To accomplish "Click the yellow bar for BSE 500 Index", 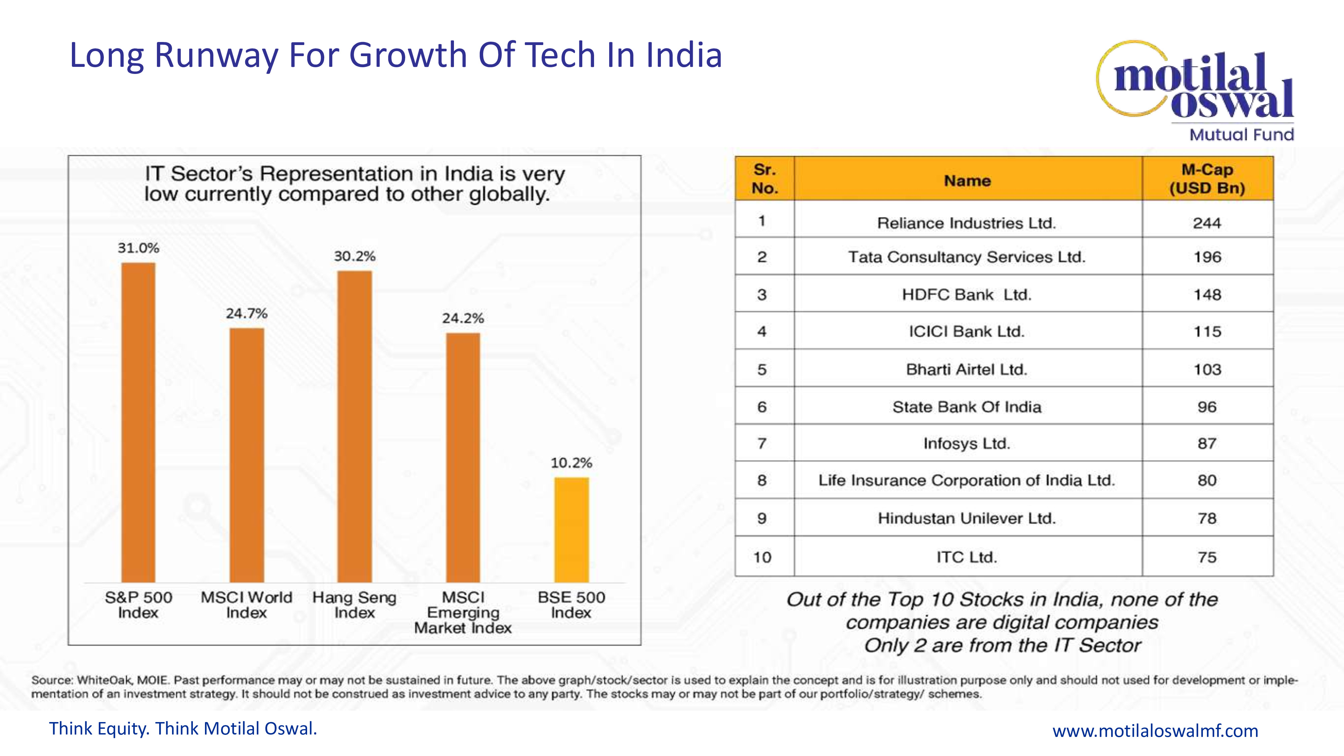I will (571, 530).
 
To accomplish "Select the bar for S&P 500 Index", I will (138, 423).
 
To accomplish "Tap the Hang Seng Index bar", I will (355, 426).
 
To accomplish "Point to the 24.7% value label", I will (246, 313).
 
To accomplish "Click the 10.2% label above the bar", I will (571, 463).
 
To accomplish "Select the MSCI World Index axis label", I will (246, 605).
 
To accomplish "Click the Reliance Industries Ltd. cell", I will (966, 223).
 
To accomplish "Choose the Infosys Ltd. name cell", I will (967, 444).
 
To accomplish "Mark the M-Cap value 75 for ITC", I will (1207, 557).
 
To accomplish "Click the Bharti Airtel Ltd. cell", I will (967, 369).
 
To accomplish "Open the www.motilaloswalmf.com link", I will (1155, 730).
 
